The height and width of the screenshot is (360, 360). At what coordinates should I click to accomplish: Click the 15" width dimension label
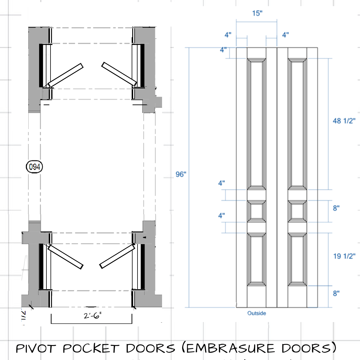[257, 13]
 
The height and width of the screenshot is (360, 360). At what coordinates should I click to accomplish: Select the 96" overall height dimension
[181, 174]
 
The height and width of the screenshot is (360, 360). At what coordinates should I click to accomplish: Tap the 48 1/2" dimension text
[344, 121]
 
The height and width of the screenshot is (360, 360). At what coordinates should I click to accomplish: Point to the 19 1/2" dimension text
[344, 256]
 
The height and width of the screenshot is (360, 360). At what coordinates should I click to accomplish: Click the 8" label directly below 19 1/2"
[336, 293]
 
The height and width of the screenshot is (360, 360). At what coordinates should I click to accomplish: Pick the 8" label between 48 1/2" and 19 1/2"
[336, 208]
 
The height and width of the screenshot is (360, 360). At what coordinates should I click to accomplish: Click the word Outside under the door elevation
[257, 313]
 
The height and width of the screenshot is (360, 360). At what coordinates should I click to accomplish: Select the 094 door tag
[34, 167]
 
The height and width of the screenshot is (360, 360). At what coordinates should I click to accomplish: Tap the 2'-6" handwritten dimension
[92, 316]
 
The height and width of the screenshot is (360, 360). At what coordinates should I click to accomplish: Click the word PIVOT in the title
[36, 348]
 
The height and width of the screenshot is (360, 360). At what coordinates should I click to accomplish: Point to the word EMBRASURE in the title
[230, 348]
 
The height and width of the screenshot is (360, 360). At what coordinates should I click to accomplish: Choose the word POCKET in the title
[91, 348]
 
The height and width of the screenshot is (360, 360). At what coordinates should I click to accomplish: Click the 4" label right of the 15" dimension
[285, 35]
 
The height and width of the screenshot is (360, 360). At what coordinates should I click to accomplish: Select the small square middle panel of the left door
[256, 211]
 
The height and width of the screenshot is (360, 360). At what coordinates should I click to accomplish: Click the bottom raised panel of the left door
[256, 259]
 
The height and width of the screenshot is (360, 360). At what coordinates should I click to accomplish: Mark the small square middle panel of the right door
[297, 211]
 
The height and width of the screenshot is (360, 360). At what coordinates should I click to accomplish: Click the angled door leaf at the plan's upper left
[66, 75]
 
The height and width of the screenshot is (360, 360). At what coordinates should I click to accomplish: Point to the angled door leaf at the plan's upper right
[119, 74]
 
